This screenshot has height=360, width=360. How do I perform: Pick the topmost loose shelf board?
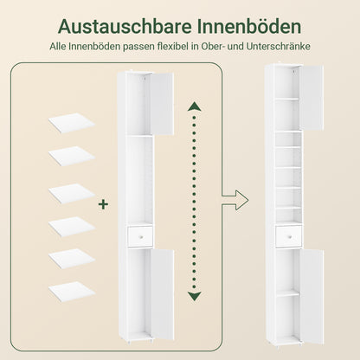click(71, 123)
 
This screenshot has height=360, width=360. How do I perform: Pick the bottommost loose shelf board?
click(71, 292)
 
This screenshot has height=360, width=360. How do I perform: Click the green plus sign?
click(104, 204)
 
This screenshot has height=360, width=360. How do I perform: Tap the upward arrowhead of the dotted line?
click(195, 107)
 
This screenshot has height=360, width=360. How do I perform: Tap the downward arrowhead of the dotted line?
click(195, 297)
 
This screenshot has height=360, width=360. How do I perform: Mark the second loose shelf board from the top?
click(71, 157)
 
